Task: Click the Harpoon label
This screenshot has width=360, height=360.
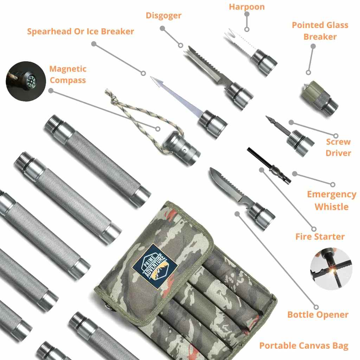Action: coord(247,7)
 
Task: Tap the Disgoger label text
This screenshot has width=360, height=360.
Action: coord(163,15)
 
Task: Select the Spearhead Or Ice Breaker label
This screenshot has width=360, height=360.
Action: coord(81,31)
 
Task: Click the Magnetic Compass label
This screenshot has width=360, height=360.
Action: coord(68,75)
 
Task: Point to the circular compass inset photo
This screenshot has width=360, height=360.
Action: coord(26,81)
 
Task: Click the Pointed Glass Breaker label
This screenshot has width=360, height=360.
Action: coord(320,31)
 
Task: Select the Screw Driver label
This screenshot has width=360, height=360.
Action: coord(338,147)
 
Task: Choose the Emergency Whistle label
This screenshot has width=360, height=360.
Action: coord(332,200)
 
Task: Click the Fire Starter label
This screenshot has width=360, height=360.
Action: coord(320,237)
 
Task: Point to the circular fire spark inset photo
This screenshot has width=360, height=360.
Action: coord(331,268)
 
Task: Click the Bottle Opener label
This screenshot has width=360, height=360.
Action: coord(318,315)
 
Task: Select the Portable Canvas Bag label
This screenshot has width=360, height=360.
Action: coord(304,346)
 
